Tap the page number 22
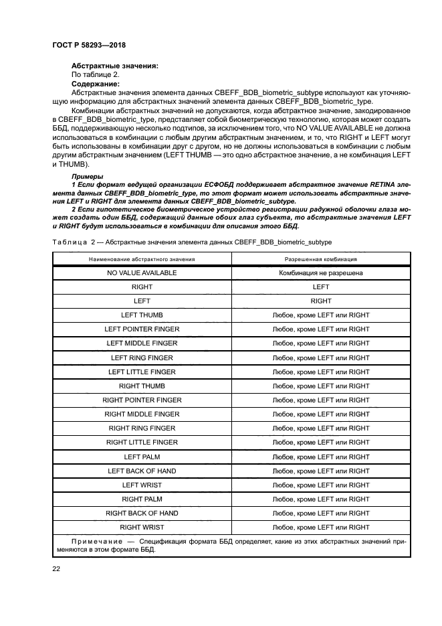point(56,568)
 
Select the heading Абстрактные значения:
point(114,66)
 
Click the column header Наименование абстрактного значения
point(142,258)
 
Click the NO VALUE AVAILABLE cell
point(142,273)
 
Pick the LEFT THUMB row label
point(142,315)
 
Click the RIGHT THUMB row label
point(142,386)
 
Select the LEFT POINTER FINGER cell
point(142,329)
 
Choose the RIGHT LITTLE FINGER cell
point(142,443)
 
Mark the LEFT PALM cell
point(142,457)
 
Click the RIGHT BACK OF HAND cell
point(142,514)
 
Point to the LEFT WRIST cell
point(142,485)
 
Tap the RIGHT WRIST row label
point(142,528)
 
